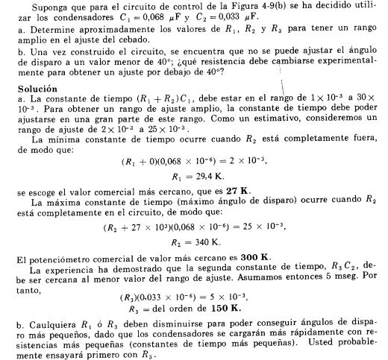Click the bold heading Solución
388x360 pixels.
pos(35,87)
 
